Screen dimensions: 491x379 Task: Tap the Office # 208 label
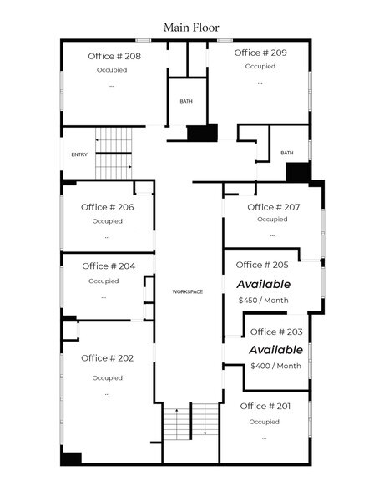pos(114,57)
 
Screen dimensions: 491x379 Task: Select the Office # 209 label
pos(260,53)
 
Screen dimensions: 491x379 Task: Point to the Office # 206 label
pos(108,207)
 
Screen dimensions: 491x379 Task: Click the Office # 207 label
pos(274,207)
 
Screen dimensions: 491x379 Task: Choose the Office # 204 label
pos(109,266)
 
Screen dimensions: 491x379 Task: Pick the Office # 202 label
pos(108,358)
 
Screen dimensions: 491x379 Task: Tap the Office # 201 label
pos(265,406)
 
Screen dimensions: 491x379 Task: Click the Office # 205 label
pos(262,265)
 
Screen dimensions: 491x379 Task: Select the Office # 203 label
pos(276,332)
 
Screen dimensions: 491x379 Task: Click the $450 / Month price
pos(263,300)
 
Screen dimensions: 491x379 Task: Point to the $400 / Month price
pos(276,366)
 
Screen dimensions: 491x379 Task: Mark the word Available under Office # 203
pos(276,350)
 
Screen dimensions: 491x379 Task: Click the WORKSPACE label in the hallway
pos(188,292)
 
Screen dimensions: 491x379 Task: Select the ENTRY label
pos(79,154)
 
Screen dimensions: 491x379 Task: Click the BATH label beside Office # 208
pos(185,102)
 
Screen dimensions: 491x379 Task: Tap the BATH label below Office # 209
pos(286,153)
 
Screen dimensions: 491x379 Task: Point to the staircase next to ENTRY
pos(114,153)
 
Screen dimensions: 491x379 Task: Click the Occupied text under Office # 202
pos(108,377)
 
